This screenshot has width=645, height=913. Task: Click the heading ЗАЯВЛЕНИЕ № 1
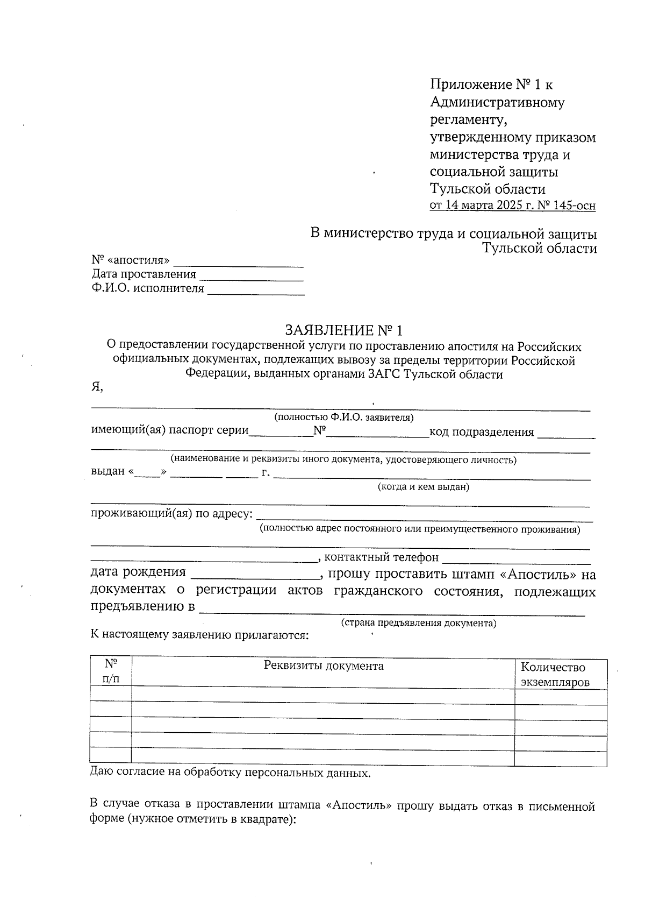pos(343,330)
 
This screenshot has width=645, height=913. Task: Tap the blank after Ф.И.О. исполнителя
pos(256,289)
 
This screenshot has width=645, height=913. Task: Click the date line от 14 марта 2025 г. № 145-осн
pos(512,206)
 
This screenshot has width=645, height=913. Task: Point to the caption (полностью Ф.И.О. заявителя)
pos(343,417)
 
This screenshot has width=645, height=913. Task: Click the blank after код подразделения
pos(566,434)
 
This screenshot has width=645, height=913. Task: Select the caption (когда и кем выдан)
pos(423,487)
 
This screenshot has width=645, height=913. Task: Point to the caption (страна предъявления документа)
pos(419,623)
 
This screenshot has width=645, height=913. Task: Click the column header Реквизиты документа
pos(324,666)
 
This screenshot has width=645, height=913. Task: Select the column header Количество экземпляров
pos(555,675)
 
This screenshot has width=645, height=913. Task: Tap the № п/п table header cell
pos(111,671)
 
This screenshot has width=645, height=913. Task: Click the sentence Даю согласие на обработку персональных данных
pos(230,774)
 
